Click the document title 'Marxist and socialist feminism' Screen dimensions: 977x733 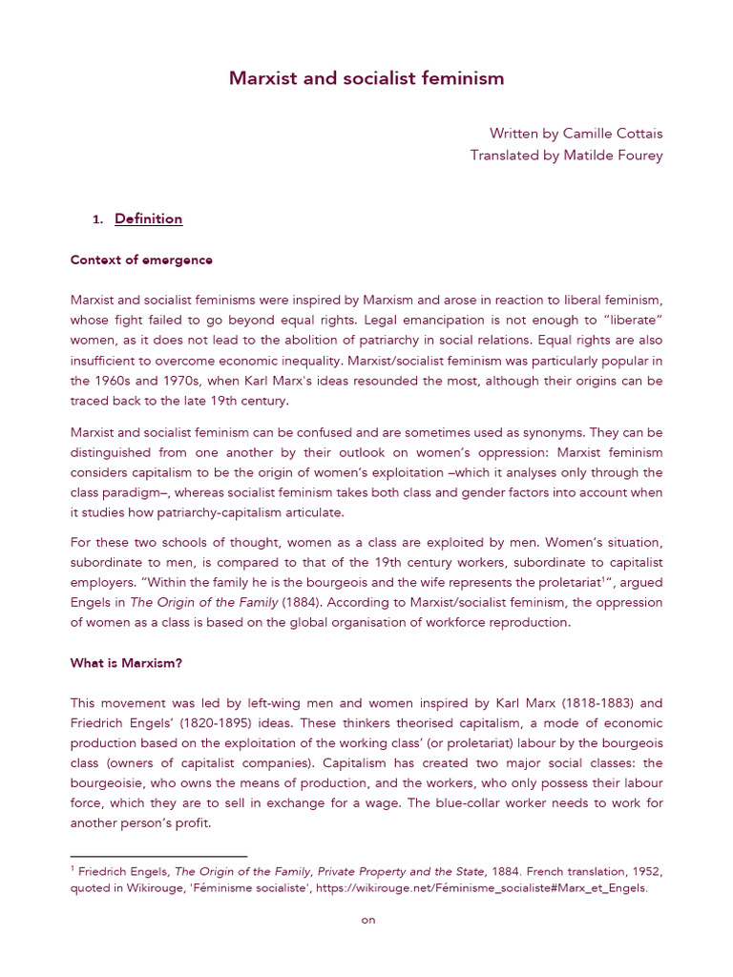pos(366,78)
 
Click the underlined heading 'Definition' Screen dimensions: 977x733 pos(148,219)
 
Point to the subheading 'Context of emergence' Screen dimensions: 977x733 pos(141,260)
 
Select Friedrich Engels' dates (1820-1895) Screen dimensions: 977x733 pos(211,723)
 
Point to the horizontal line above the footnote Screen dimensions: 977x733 pos(158,857)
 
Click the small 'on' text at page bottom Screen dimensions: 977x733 pos(366,920)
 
